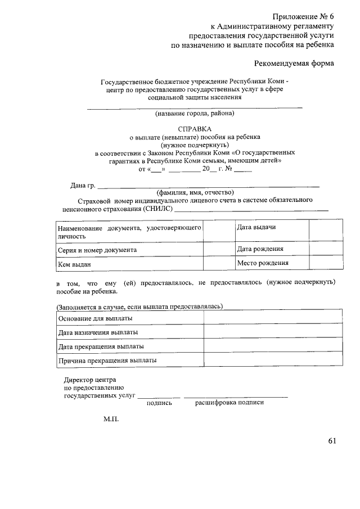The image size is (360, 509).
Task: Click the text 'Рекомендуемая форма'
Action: tap(294, 63)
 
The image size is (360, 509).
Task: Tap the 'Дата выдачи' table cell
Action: tap(256, 227)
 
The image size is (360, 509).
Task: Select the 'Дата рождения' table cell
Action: tap(260, 249)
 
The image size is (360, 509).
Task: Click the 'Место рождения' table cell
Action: tap(263, 263)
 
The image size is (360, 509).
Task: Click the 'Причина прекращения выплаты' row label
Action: tap(107, 360)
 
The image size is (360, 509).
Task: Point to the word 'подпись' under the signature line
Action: tap(159, 403)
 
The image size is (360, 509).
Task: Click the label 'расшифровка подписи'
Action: tap(229, 403)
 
